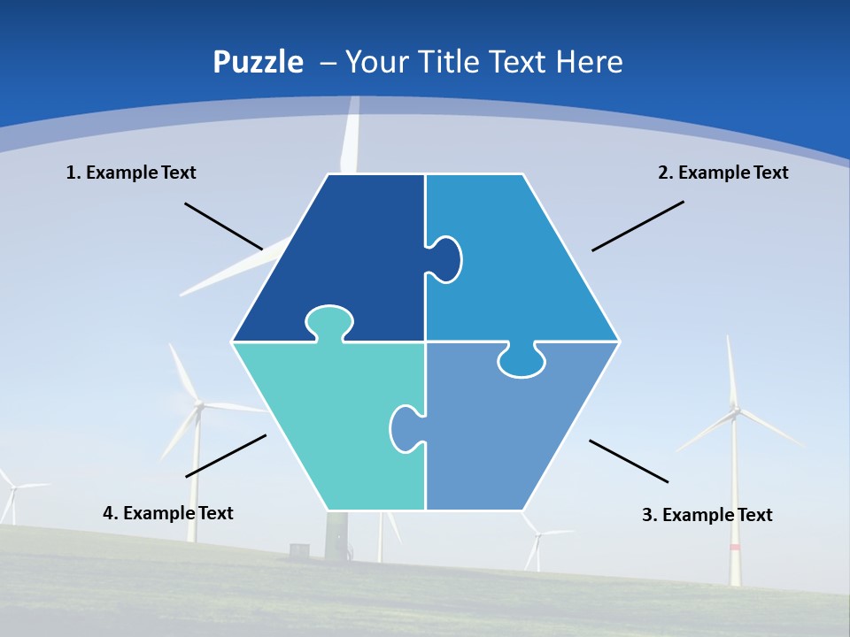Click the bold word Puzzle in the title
(258, 62)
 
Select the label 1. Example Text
(131, 173)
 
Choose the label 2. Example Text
(722, 173)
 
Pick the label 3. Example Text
(707, 515)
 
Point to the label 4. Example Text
(168, 513)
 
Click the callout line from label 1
(223, 226)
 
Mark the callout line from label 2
(637, 226)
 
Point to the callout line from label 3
(629, 461)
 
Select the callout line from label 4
(226, 456)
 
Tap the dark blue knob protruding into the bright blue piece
(445, 260)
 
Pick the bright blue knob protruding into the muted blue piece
(521, 361)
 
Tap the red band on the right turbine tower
(734, 548)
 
